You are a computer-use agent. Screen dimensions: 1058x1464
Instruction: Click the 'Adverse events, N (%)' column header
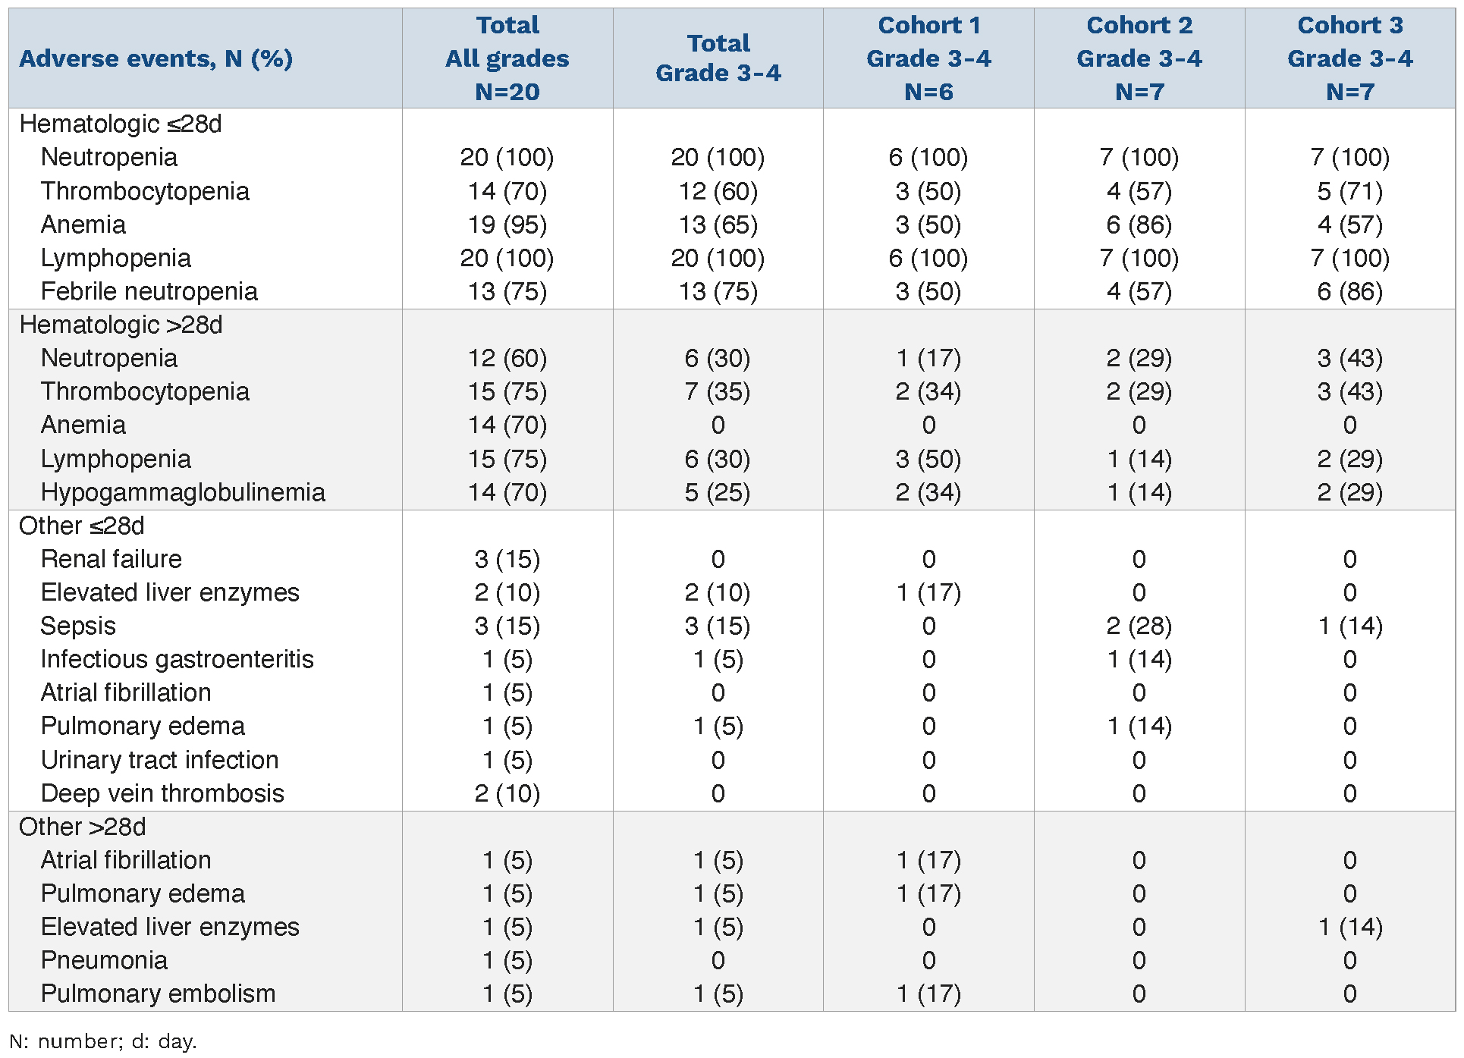click(x=156, y=58)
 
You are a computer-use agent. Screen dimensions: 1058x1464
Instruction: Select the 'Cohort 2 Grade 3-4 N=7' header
click(x=1139, y=58)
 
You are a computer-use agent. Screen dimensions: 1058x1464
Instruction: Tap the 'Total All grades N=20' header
click(x=507, y=58)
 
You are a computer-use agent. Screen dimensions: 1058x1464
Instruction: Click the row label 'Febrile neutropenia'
click(x=149, y=291)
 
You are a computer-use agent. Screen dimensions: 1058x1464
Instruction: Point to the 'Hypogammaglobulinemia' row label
click(x=183, y=492)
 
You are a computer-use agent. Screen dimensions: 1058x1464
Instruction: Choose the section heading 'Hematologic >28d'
click(x=121, y=325)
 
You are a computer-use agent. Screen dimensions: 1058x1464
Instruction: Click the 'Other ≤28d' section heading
click(x=82, y=526)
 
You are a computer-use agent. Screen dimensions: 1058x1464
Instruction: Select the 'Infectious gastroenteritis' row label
click(x=177, y=659)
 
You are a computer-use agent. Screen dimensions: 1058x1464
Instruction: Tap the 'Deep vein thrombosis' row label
click(x=162, y=793)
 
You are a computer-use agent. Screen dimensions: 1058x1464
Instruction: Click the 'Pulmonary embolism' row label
click(x=158, y=994)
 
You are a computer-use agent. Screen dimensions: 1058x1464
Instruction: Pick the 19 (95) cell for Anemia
click(x=507, y=224)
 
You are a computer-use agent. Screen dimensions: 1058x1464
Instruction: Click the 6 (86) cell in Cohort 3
click(x=1349, y=291)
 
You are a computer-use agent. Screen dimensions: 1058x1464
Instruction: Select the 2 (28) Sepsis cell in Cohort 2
click(x=1139, y=626)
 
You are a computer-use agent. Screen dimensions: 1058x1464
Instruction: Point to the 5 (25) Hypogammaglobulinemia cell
click(x=717, y=492)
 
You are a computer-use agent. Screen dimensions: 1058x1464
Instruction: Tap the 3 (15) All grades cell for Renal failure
click(x=507, y=559)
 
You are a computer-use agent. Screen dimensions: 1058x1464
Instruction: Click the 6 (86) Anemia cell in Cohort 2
click(x=1139, y=224)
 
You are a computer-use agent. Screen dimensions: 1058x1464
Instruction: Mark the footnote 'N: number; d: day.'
click(x=103, y=1041)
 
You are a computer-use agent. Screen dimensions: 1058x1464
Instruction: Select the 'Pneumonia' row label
click(x=104, y=960)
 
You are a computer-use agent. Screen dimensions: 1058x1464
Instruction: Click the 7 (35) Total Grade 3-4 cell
click(x=717, y=391)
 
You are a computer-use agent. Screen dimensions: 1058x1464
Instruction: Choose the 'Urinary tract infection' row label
click(x=159, y=760)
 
